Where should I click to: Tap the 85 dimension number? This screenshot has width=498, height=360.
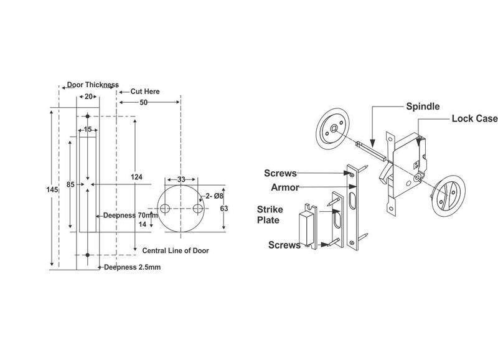point(72,184)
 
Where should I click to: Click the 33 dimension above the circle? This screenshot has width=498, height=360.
point(181,179)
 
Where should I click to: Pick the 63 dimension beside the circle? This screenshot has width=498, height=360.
point(223,209)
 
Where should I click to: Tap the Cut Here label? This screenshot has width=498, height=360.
point(144,92)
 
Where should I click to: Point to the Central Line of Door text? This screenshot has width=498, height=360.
point(175,250)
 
